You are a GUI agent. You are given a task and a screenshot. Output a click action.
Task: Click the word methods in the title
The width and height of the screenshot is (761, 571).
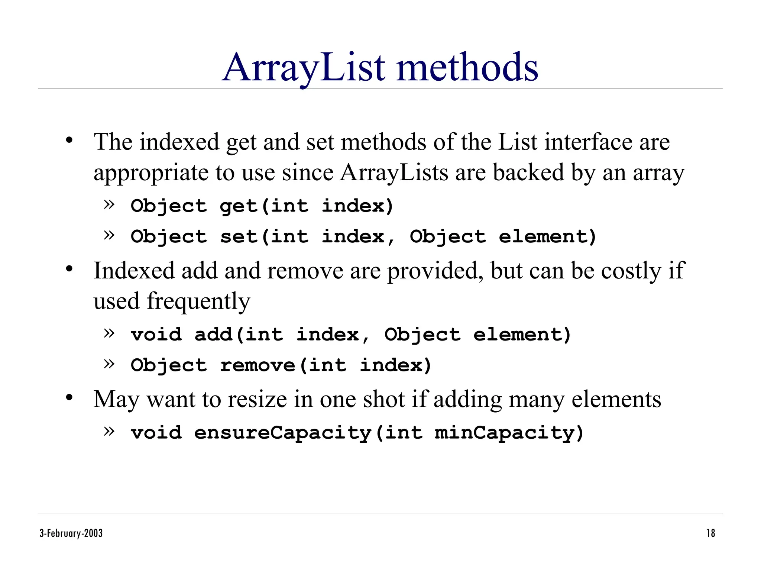click(x=467, y=68)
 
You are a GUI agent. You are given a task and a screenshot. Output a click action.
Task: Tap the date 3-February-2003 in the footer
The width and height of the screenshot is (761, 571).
click(x=71, y=533)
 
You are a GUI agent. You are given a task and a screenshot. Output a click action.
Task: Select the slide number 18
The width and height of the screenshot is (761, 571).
click(x=710, y=533)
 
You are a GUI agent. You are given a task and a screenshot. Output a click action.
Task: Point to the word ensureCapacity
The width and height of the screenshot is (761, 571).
click(x=283, y=433)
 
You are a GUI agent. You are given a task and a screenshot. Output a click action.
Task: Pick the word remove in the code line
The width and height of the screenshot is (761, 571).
click(x=258, y=365)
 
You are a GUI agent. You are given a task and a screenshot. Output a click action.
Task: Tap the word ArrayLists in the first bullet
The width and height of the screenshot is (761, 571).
click(x=394, y=172)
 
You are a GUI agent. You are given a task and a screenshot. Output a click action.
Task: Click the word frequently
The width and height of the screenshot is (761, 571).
click(x=198, y=301)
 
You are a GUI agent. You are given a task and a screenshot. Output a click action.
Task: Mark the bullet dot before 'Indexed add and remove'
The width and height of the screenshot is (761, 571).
click(x=69, y=269)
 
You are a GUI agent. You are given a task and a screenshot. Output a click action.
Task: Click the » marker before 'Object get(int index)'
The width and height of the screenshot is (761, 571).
click(x=109, y=204)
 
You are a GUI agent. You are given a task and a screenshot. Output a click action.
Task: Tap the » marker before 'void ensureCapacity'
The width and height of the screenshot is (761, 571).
click(x=109, y=431)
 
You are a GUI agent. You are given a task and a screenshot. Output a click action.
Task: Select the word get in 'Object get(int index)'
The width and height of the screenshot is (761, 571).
click(x=238, y=206)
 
